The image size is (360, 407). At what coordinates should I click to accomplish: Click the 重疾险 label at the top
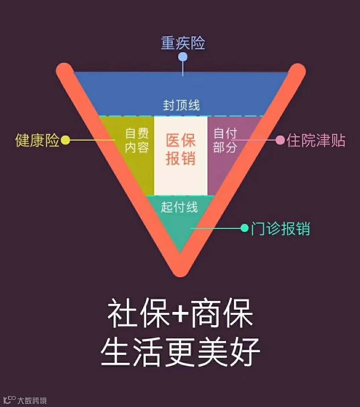tap(183, 43)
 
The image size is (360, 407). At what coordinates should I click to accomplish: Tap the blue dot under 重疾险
tap(183, 57)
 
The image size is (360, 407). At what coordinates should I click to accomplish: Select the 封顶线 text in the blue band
tap(181, 105)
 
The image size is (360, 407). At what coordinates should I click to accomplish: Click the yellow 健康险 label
tap(37, 140)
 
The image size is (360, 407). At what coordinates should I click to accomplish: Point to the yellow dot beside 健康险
tap(66, 140)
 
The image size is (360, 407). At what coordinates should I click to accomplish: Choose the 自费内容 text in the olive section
tap(137, 140)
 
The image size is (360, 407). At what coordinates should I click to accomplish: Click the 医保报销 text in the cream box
tap(181, 149)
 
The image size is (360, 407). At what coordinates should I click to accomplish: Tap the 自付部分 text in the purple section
tap(225, 140)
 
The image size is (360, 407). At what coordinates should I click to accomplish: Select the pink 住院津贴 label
tap(316, 141)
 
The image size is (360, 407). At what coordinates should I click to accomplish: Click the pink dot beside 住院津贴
tap(280, 140)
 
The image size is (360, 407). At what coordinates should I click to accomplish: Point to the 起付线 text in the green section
tap(179, 207)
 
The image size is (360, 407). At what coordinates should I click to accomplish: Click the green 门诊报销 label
tap(280, 229)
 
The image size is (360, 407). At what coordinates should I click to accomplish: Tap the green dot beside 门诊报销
tap(245, 228)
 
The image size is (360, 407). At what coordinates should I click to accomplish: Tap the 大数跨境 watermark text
tap(32, 400)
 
